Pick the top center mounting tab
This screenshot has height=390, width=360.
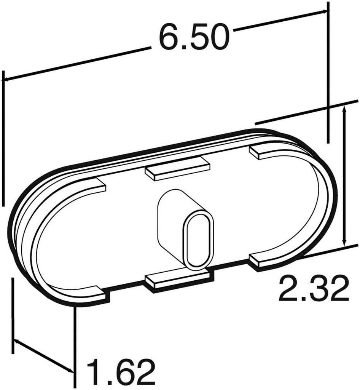point(177,171)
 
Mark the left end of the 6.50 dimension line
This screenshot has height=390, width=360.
point(5,80)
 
